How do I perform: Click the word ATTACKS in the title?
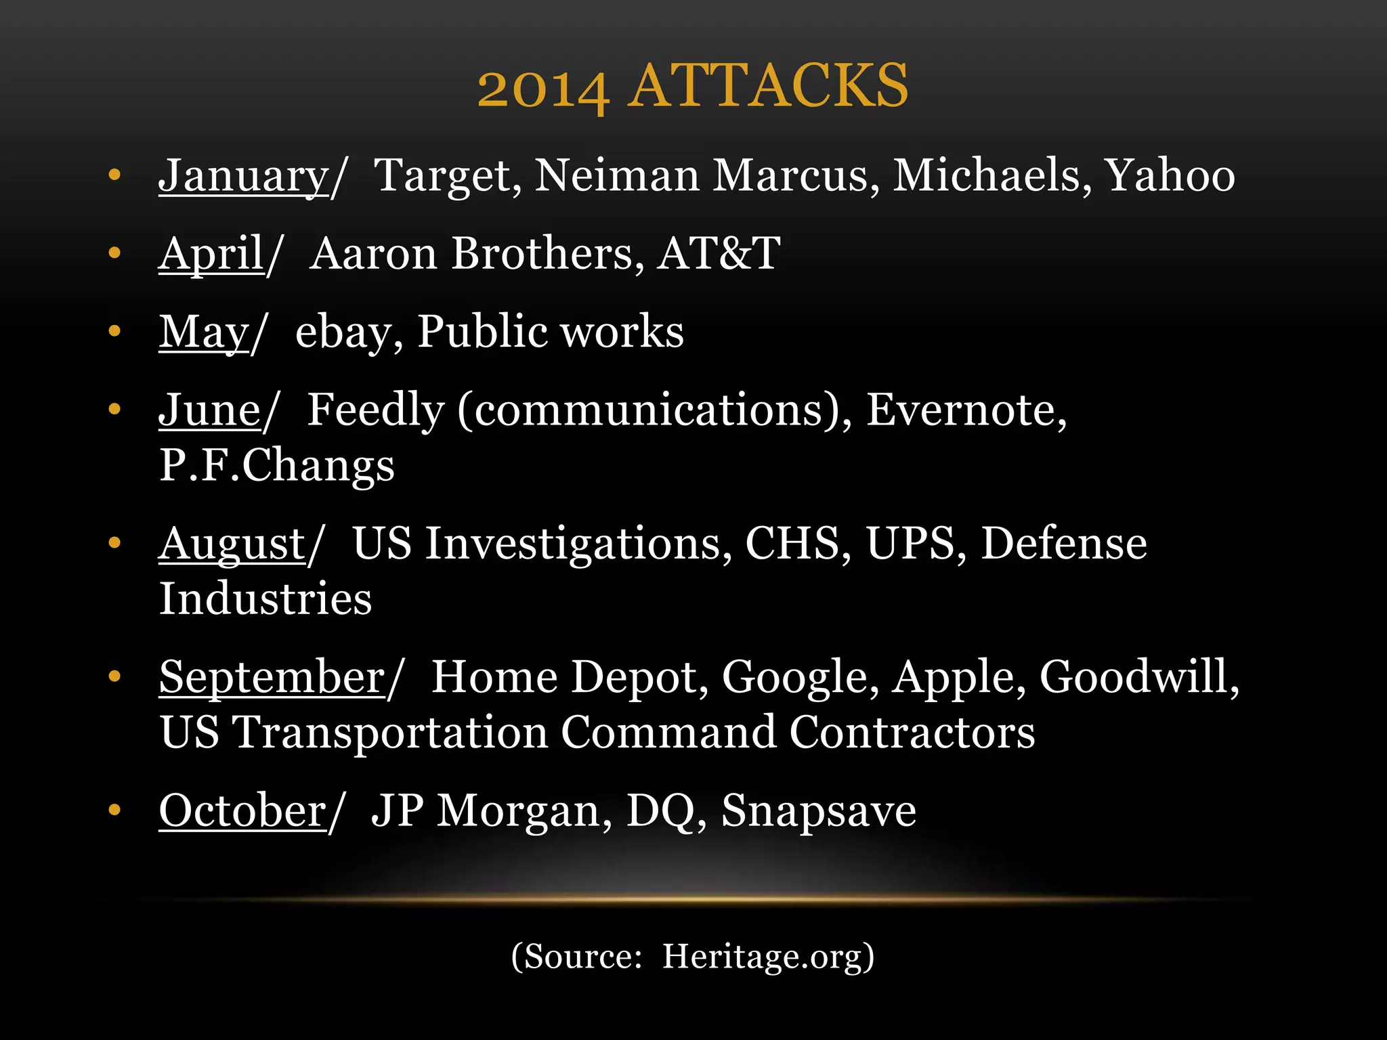pos(768,86)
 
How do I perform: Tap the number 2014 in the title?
pos(543,89)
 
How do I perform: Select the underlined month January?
pos(243,175)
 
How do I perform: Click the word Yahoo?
pos(1170,175)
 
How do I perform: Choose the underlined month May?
pos(204,332)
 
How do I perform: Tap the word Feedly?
pos(376,410)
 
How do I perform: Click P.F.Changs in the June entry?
pos(276,465)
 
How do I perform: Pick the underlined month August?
pos(232,544)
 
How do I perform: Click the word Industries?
pos(265,599)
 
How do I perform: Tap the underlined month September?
pos(272,677)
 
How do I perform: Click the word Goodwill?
pos(1139,677)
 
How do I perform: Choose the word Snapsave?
pos(819,810)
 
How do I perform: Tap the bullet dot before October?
pos(114,810)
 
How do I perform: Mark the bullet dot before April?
pos(114,253)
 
